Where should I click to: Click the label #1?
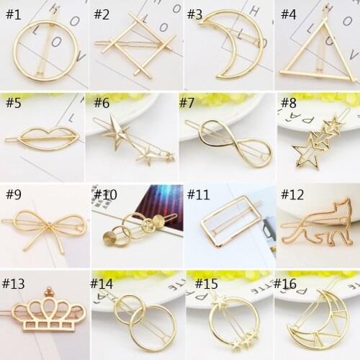tap(15, 14)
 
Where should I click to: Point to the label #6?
tap(102, 103)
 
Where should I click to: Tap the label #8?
tap(288, 103)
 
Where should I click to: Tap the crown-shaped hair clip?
tap(48, 312)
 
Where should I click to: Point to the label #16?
tap(285, 284)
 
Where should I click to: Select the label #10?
tap(105, 195)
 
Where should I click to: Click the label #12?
tap(292, 195)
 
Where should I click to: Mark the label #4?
tap(288, 14)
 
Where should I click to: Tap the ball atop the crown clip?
tap(50, 292)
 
